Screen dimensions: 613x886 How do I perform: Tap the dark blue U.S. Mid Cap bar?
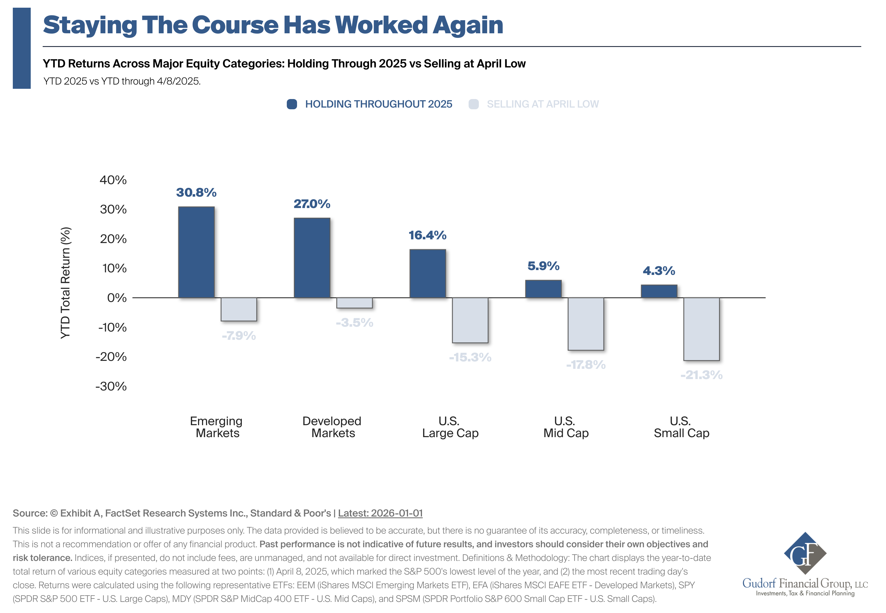[543, 289]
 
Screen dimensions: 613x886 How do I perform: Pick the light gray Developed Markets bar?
[354, 303]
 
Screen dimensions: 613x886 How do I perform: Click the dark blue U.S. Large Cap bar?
[427, 273]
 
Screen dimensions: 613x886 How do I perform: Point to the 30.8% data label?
[196, 192]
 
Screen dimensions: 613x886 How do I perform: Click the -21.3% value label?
[701, 375]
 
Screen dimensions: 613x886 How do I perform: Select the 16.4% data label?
[427, 235]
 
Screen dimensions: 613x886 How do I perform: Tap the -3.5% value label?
[354, 323]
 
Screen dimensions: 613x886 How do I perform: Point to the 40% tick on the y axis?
[113, 180]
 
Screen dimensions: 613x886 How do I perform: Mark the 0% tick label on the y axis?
[117, 298]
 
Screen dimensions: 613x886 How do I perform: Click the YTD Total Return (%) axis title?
[66, 283]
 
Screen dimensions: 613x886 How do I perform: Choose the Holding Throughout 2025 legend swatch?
[292, 104]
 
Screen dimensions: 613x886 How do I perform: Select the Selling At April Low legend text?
[542, 104]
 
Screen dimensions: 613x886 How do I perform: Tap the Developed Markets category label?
[332, 427]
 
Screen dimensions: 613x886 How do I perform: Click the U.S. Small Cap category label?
[681, 427]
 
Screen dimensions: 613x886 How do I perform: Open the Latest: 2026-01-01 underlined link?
[380, 513]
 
